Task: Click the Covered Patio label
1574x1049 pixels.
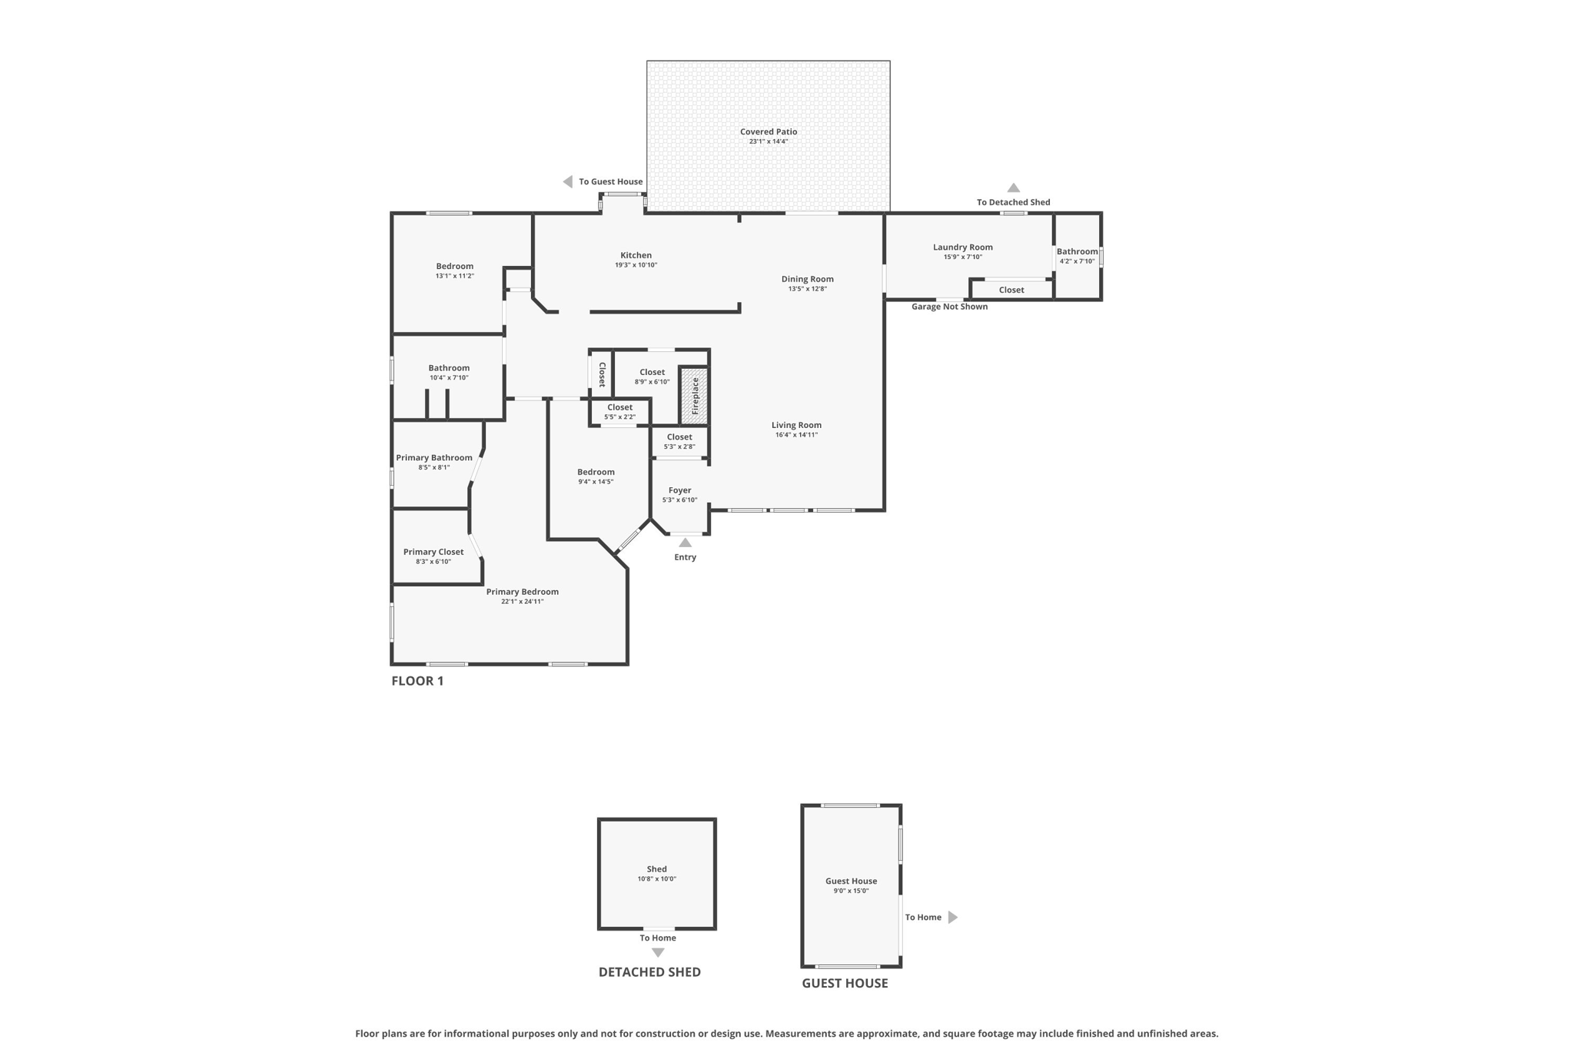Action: coord(769,131)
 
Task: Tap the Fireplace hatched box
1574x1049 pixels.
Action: coord(694,396)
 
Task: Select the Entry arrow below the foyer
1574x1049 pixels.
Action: coord(685,543)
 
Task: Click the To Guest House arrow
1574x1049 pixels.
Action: coord(568,182)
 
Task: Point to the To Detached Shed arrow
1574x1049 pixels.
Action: coord(1013,188)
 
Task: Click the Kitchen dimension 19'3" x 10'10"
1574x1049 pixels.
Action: coord(636,265)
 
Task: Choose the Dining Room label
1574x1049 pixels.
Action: coord(807,279)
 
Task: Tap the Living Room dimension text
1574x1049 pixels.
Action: coord(796,435)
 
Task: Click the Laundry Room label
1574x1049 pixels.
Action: coord(962,247)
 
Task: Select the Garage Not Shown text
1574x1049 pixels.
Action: coord(949,307)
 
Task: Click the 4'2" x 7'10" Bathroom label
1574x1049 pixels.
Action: coord(1077,251)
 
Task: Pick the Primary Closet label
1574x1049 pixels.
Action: coord(433,552)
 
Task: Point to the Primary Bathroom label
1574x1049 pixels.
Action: coord(434,458)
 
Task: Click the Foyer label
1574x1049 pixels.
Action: coord(679,490)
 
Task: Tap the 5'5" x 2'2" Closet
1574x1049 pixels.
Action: coord(619,412)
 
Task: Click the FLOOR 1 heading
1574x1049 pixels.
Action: coord(417,681)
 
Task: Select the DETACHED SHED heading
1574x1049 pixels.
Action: coord(649,972)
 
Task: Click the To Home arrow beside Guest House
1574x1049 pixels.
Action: coord(952,917)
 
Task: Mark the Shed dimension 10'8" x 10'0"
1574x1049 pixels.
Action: coord(656,879)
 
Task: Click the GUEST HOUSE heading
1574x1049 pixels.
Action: coord(845,983)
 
